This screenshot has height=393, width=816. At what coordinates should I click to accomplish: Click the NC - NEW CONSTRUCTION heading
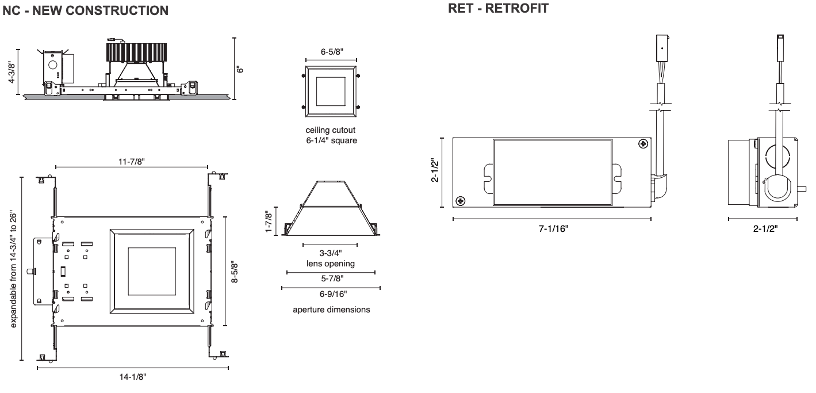[x=86, y=10]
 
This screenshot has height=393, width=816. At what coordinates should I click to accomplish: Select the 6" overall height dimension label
[x=242, y=68]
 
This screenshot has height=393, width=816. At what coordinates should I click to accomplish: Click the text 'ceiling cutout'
[x=331, y=130]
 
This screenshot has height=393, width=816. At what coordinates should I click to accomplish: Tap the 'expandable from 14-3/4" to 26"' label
[x=13, y=268]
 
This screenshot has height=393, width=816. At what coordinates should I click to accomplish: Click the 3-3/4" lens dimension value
[x=331, y=254]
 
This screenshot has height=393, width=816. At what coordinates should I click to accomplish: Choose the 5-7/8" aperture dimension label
[x=331, y=278]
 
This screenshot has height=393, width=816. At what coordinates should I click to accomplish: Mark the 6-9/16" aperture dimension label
[x=331, y=293]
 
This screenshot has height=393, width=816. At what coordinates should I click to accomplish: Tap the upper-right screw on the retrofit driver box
[x=642, y=143]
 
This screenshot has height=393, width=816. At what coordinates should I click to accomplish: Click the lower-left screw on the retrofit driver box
[x=460, y=201]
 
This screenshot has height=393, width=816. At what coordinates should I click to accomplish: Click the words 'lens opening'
[x=331, y=264]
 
